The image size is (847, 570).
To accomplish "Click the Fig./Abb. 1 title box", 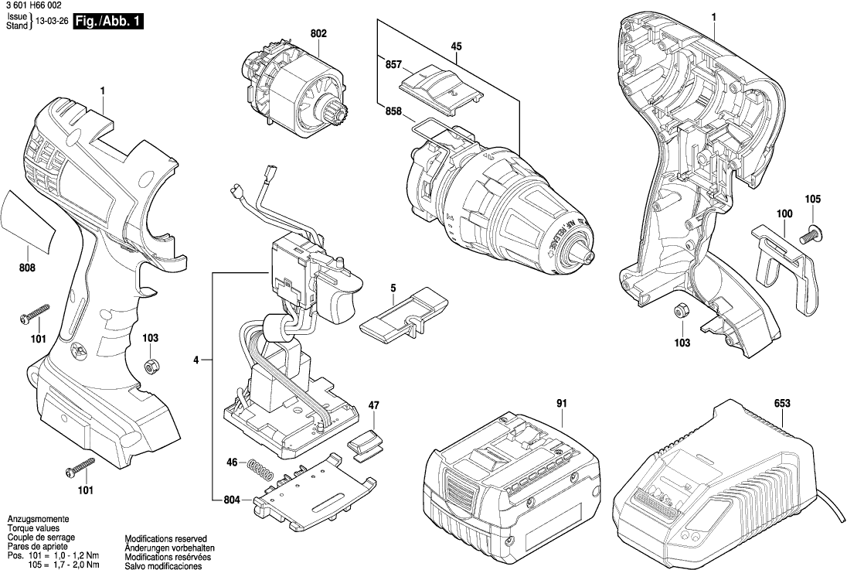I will tap(107, 22).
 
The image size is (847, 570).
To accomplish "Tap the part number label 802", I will tap(318, 34).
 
